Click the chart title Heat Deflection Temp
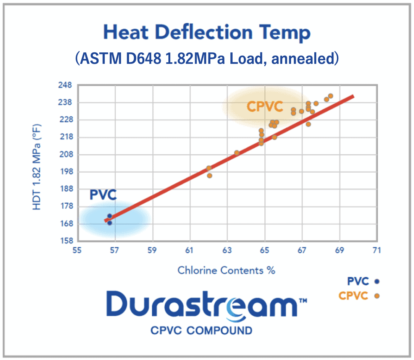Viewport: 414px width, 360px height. pyautogui.click(x=207, y=32)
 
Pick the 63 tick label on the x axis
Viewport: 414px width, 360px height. pyautogui.click(x=227, y=250)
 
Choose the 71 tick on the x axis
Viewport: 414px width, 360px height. pyautogui.click(x=377, y=250)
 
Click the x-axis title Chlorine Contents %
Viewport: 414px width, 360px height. pyautogui.click(x=226, y=270)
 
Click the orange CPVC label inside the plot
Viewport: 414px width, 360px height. pyautogui.click(x=265, y=106)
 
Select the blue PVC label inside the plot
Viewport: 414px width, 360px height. pyautogui.click(x=103, y=195)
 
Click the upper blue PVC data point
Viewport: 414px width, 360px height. pyautogui.click(x=110, y=216)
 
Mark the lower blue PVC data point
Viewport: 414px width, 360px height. pyautogui.click(x=110, y=223)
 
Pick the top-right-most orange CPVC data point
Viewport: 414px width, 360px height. pyautogui.click(x=330, y=96)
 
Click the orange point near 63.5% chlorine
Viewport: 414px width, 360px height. pyautogui.click(x=236, y=153)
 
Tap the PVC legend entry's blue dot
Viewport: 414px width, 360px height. pyautogui.click(x=377, y=282)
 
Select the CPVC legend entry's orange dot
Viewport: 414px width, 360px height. pyautogui.click(x=377, y=296)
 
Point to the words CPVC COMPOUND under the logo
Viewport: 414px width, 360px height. pyautogui.click(x=201, y=330)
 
